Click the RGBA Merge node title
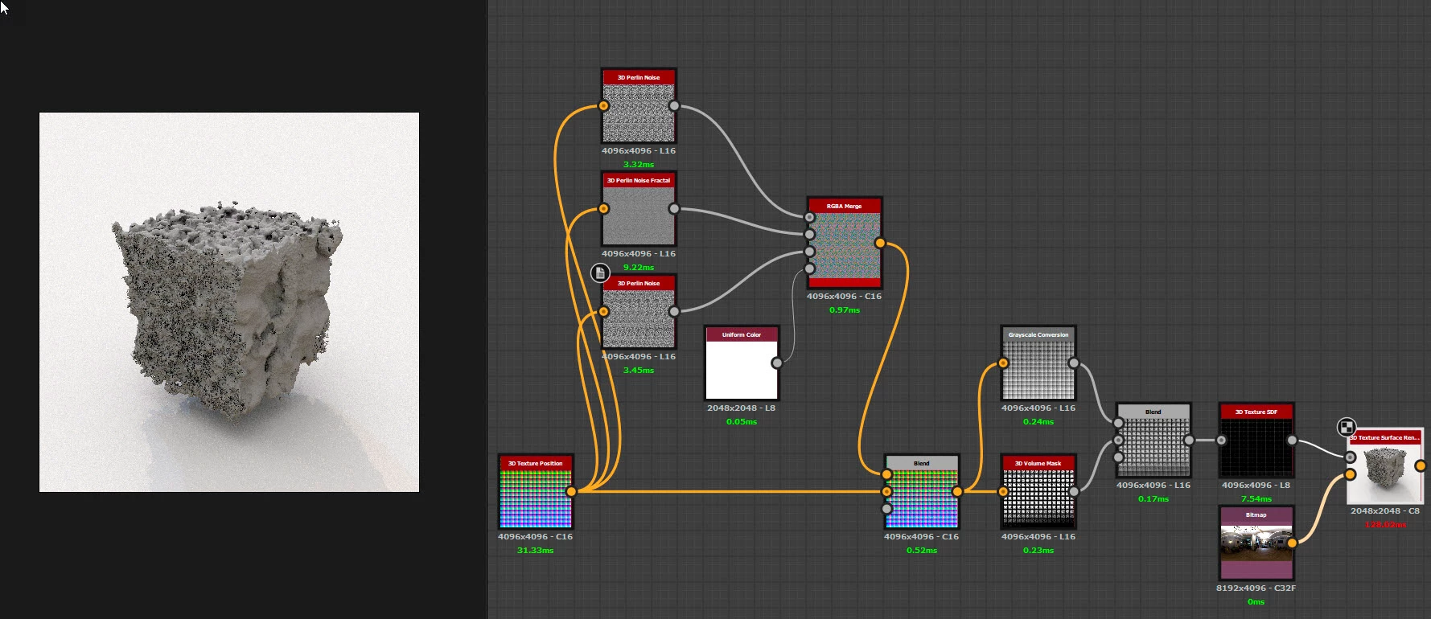point(844,206)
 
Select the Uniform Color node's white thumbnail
point(741,370)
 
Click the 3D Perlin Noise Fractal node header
point(639,180)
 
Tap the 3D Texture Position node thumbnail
point(535,498)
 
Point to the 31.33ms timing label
point(535,551)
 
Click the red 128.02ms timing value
point(1385,525)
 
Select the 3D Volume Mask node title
point(1038,463)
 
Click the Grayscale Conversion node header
point(1038,334)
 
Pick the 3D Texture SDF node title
point(1256,412)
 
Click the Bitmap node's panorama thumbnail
point(1256,541)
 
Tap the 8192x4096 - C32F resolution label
point(1256,588)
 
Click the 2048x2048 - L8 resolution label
point(741,408)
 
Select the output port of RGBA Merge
point(880,243)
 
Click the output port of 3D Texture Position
point(571,491)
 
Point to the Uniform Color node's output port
point(776,363)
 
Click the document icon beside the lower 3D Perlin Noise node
point(600,273)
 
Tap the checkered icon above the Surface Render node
point(1346,427)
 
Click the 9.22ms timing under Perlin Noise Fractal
point(639,268)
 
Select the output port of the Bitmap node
point(1292,543)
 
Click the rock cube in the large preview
point(229,305)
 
